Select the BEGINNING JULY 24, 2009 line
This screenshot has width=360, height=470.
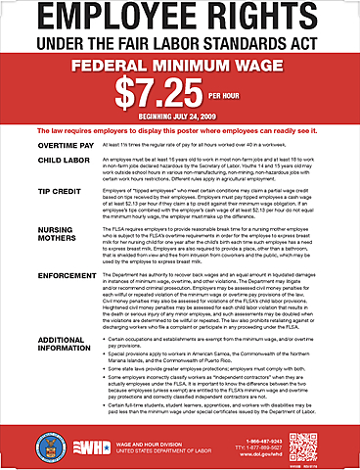pyautogui.click(x=180, y=117)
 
